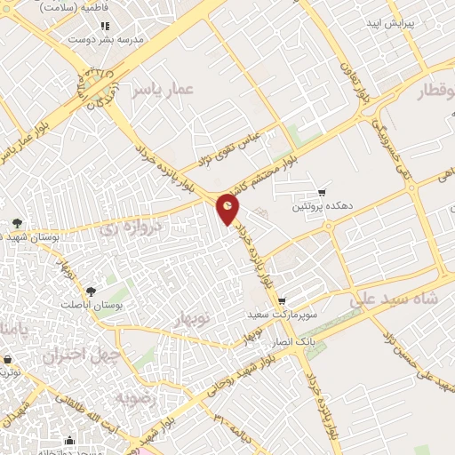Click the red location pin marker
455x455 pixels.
pyautogui.click(x=228, y=208)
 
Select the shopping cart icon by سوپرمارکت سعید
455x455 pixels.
pyautogui.click(x=282, y=302)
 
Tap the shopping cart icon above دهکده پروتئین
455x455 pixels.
pyautogui.click(x=322, y=192)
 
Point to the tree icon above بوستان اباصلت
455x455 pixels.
pyautogui.click(x=90, y=290)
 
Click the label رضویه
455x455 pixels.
pyautogui.click(x=140, y=399)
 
